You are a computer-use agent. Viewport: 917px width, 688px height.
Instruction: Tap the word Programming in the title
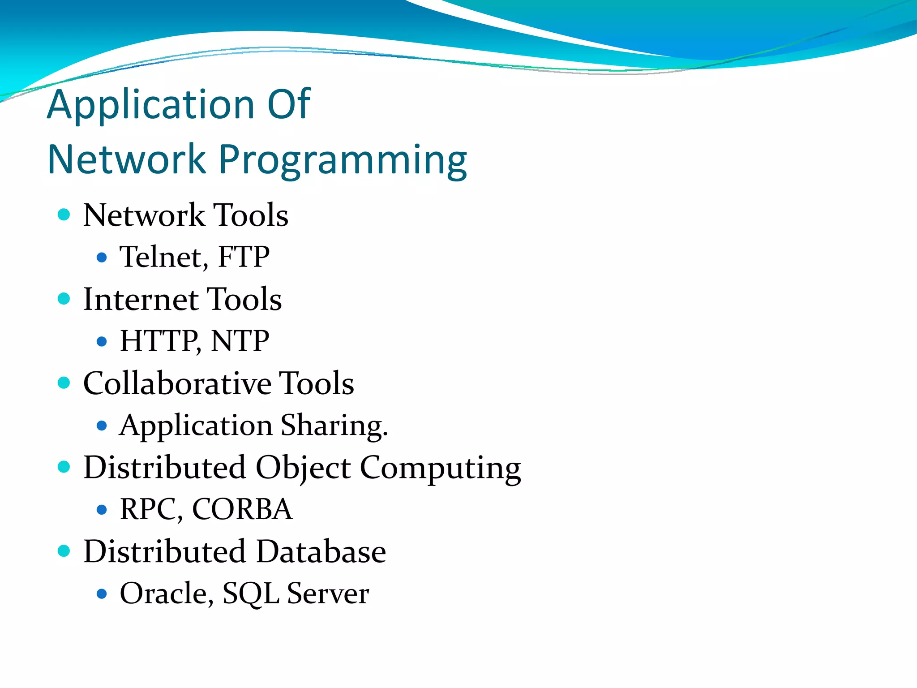tap(343, 160)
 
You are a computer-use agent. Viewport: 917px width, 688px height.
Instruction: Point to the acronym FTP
tap(244, 257)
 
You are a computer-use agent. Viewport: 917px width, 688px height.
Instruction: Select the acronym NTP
tap(240, 341)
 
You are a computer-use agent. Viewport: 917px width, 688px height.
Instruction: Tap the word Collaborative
tap(177, 384)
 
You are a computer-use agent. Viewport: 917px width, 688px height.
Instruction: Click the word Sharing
tap(334, 426)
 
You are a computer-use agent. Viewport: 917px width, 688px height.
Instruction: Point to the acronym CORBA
tap(242, 509)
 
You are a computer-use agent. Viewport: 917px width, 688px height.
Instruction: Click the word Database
tap(321, 551)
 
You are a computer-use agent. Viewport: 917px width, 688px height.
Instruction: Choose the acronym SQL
tap(251, 593)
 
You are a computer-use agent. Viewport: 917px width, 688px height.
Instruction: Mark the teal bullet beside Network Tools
tap(64, 215)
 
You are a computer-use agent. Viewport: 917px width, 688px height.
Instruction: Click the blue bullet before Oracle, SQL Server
tap(102, 594)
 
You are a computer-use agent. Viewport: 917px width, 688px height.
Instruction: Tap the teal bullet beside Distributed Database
tap(64, 551)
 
